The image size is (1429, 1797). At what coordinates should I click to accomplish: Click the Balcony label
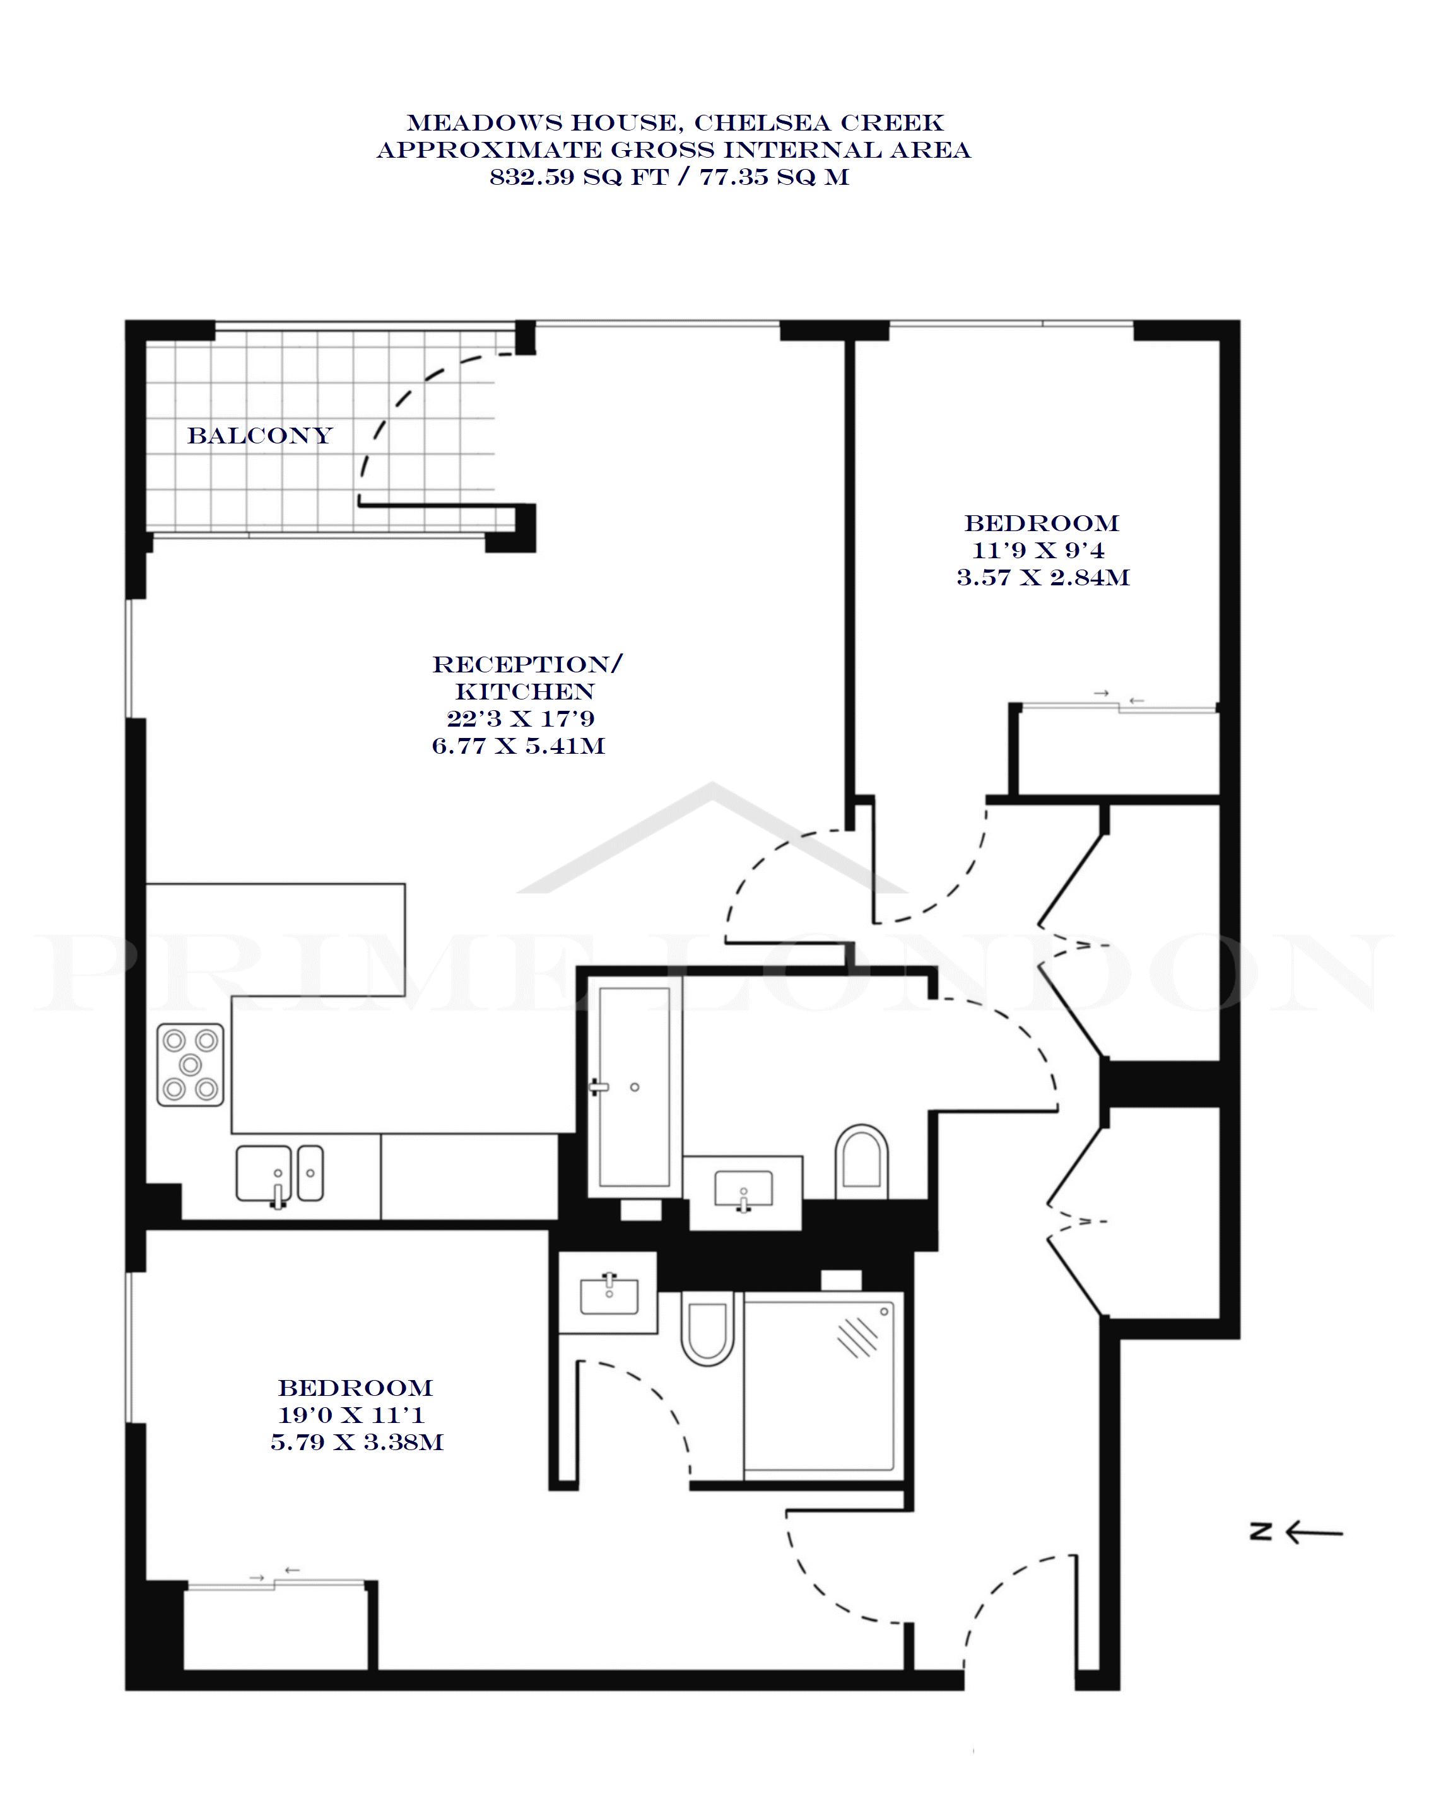pyautogui.click(x=259, y=435)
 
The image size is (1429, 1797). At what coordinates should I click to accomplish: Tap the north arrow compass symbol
pyautogui.click(x=1297, y=1531)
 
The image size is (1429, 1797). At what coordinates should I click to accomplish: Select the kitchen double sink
pyautogui.click(x=279, y=1174)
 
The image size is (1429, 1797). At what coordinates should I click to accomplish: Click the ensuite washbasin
pyautogui.click(x=609, y=1294)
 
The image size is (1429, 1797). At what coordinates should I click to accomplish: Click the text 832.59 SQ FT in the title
pyautogui.click(x=579, y=177)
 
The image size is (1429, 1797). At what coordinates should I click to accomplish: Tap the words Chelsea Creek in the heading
pyautogui.click(x=819, y=124)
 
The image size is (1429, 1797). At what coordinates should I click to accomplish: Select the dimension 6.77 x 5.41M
pyautogui.click(x=519, y=745)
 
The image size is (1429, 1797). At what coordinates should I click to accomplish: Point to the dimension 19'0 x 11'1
pyautogui.click(x=352, y=1414)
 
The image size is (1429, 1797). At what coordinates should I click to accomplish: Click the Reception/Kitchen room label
pyautogui.click(x=527, y=677)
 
